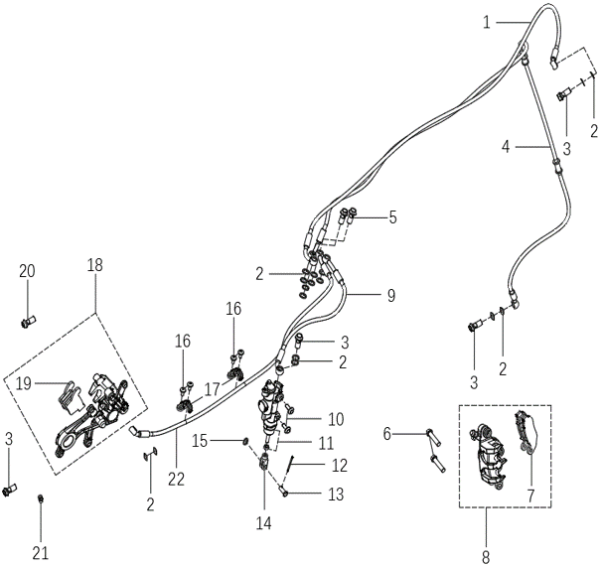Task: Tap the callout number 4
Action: (506, 147)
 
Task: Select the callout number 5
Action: (392, 216)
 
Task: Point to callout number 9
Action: (391, 295)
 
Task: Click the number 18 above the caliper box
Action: (95, 265)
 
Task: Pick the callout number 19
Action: (24, 381)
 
